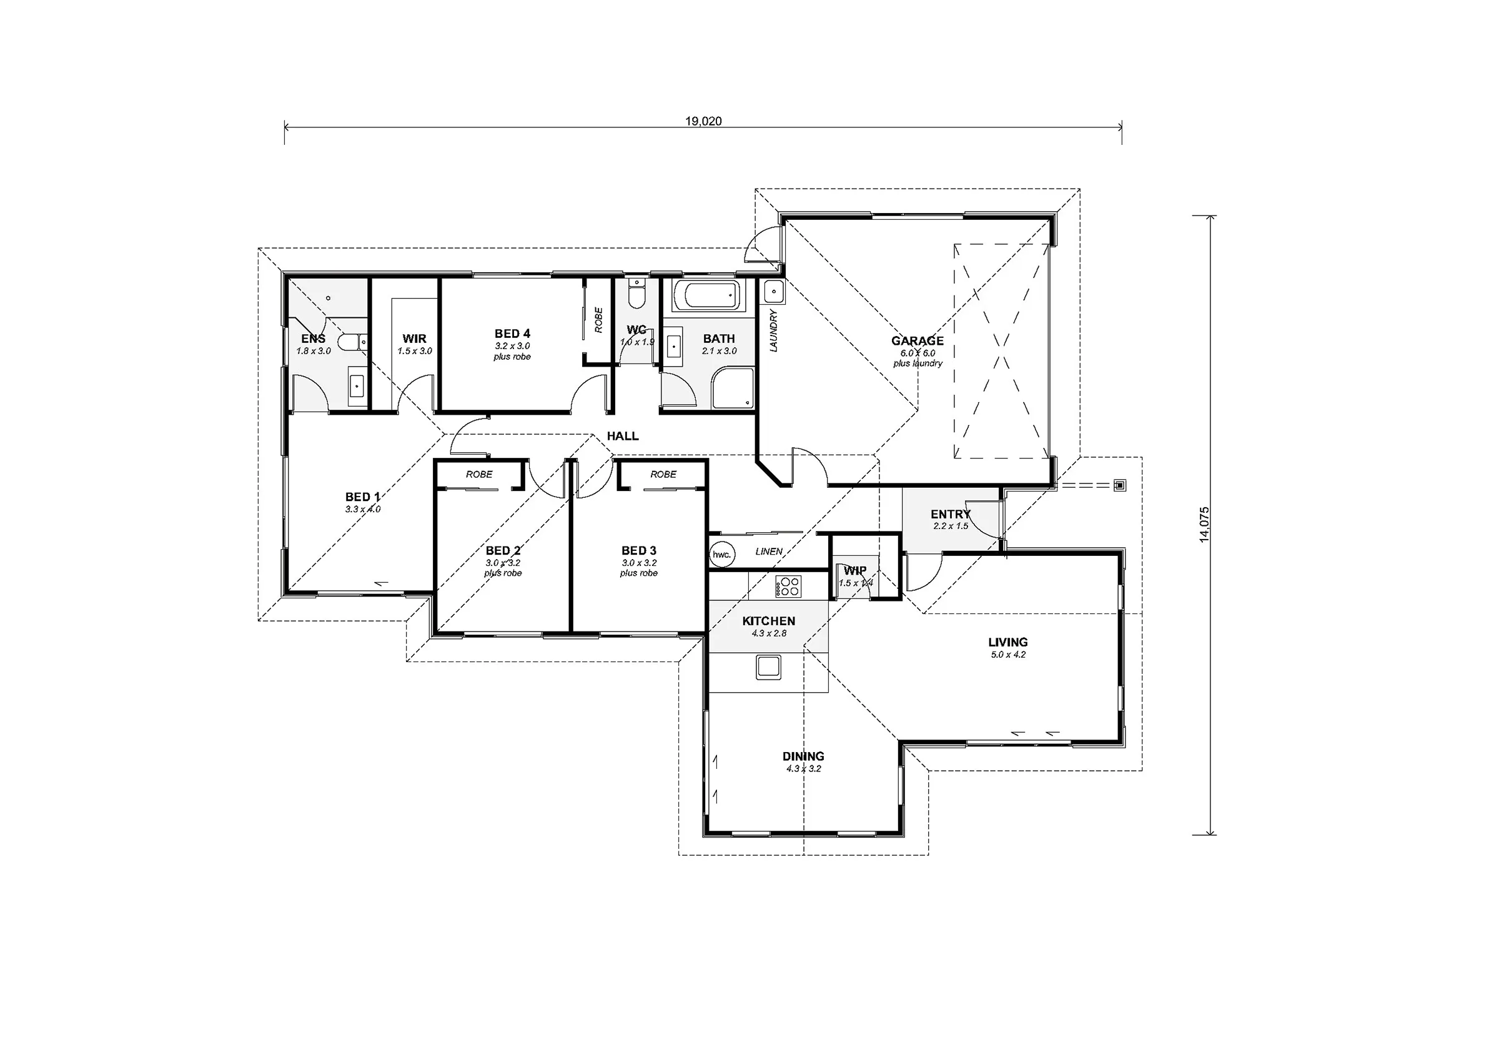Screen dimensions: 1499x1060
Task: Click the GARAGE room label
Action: [x=918, y=340]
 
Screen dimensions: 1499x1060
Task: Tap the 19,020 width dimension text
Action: [x=703, y=121]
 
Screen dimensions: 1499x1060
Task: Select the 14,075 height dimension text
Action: [x=1205, y=525]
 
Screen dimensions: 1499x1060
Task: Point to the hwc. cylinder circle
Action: [x=721, y=555]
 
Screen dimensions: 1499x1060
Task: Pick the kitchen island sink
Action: [x=768, y=667]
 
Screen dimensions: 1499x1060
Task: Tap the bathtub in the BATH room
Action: [x=708, y=297]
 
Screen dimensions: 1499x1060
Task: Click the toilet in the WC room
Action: [x=636, y=295]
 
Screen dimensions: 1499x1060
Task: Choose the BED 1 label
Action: [x=362, y=497]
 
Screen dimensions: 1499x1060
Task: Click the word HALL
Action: [x=623, y=435]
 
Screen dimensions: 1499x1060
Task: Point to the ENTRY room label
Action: [x=951, y=514]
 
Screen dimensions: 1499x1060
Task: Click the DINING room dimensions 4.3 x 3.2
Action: [x=803, y=769]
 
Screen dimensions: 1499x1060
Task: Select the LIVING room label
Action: [x=1008, y=642]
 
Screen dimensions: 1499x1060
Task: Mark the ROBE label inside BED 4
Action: [x=599, y=320]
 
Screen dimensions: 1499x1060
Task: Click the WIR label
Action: [x=415, y=339]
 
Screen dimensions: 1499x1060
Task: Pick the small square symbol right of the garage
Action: [x=1120, y=485]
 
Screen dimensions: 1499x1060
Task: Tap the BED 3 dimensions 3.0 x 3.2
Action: [x=638, y=562]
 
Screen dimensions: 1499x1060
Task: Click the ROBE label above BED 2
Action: [x=479, y=474]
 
